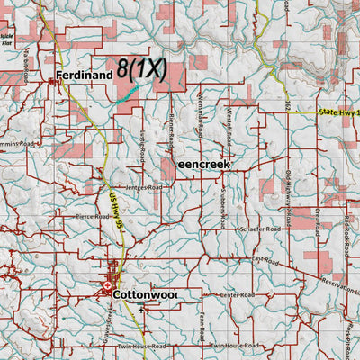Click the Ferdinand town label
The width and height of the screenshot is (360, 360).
pos(85,76)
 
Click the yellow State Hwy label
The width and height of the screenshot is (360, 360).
pos(338,112)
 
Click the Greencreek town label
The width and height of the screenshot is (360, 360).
pos(204,165)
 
